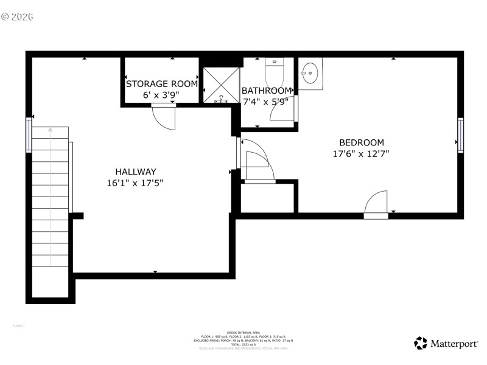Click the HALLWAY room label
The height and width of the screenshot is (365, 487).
coord(136,172)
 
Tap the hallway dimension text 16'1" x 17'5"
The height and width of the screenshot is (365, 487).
coord(135,182)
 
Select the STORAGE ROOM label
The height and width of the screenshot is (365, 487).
coord(162,84)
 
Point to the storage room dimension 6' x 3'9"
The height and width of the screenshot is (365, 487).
coord(161,95)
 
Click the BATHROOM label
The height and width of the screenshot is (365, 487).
coord(267,91)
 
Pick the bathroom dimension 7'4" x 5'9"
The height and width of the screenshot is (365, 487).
coord(265,102)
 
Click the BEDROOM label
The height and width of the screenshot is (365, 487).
coord(362,142)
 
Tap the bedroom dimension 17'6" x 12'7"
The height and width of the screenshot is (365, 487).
coord(361,154)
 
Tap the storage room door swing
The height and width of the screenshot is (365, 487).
coord(164,116)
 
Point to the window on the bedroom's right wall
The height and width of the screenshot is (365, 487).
coord(461,135)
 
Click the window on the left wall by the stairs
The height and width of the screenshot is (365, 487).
coord(29,135)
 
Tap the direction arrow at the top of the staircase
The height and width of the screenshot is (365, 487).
coord(51,130)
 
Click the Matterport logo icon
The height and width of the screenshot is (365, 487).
coord(421,344)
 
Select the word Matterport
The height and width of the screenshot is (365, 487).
coord(454,344)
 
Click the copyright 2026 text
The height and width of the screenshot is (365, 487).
coord(18,16)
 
